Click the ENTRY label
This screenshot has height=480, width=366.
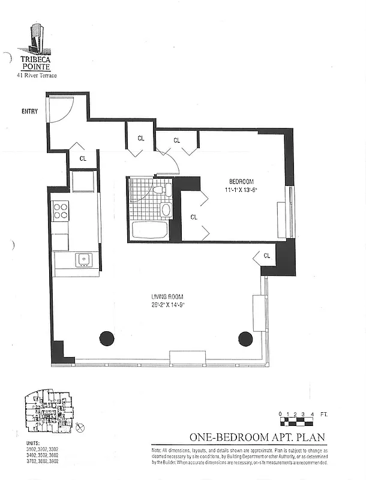pyautogui.click(x=29, y=111)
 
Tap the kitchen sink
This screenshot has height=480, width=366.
pyautogui.click(x=83, y=259)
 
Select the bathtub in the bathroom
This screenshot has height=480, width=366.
pyautogui.click(x=149, y=230)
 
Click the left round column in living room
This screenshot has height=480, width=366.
pyautogui.click(x=106, y=338)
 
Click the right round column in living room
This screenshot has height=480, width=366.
pyautogui.click(x=245, y=338)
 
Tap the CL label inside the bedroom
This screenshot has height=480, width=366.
pyautogui.click(x=194, y=217)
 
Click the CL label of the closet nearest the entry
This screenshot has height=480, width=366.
pyautogui.click(x=83, y=159)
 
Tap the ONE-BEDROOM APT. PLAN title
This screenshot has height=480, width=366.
pyautogui.click(x=259, y=437)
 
